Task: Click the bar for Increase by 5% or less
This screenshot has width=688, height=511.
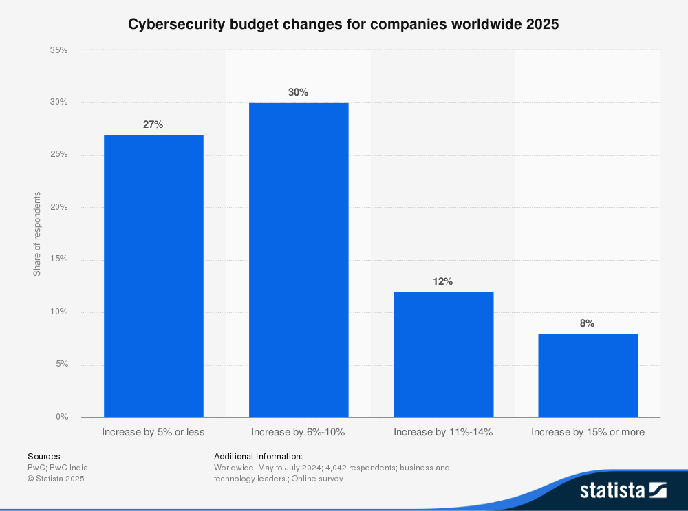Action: (x=153, y=275)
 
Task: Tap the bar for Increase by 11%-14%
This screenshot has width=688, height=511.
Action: (x=443, y=354)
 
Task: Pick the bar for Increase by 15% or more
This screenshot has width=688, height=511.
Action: (x=588, y=375)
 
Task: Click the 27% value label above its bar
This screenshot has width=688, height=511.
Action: (x=153, y=124)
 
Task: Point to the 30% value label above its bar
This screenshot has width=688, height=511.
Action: (x=299, y=92)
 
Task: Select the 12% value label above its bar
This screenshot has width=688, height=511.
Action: (x=443, y=281)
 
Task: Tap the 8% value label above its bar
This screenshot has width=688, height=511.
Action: (x=588, y=323)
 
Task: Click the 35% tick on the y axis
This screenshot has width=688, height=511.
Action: (x=59, y=50)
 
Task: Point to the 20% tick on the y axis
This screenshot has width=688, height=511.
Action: (x=59, y=207)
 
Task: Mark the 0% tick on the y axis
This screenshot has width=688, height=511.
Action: (x=62, y=417)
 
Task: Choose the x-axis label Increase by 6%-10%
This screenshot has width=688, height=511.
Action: (x=298, y=433)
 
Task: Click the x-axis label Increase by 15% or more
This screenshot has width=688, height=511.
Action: (x=588, y=433)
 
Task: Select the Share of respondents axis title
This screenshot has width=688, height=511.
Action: (x=37, y=234)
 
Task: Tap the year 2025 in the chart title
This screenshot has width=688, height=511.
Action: (x=542, y=24)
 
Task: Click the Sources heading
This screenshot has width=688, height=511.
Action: (x=44, y=456)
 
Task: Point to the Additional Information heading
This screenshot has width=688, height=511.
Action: (x=259, y=456)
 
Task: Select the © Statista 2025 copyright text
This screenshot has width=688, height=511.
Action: (x=56, y=479)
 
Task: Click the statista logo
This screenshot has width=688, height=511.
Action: (x=623, y=490)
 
